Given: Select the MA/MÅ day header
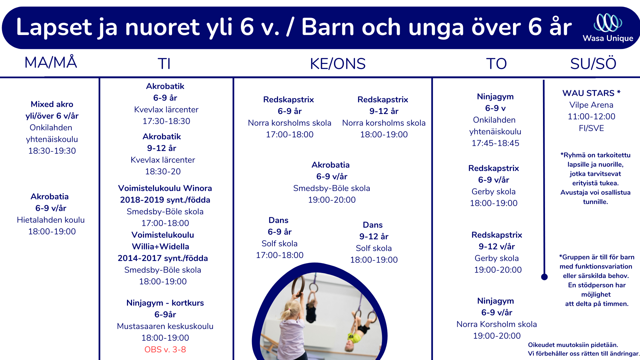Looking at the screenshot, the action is pyautogui.click(x=51, y=62).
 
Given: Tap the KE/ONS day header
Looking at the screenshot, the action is pyautogui.click(x=338, y=64).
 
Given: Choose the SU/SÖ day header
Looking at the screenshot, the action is pyautogui.click(x=593, y=63).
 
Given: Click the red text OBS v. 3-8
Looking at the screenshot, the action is pyautogui.click(x=165, y=349).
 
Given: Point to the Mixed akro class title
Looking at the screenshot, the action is pyautogui.click(x=52, y=104).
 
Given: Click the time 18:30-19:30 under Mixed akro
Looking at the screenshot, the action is pyautogui.click(x=52, y=151).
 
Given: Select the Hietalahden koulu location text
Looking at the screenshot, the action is pyautogui.click(x=51, y=220).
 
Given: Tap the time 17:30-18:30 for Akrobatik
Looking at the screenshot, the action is pyautogui.click(x=166, y=121).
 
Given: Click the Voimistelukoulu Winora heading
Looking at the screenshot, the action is pyautogui.click(x=165, y=188).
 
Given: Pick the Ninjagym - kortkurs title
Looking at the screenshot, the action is pyautogui.click(x=165, y=303).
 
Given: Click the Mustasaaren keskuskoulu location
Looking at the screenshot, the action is pyautogui.click(x=165, y=326).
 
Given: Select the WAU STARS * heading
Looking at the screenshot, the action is pyautogui.click(x=591, y=93).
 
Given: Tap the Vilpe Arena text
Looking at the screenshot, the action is pyautogui.click(x=591, y=105).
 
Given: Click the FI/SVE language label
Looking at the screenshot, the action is pyautogui.click(x=591, y=128).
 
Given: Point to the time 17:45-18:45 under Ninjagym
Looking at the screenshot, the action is pyautogui.click(x=495, y=143).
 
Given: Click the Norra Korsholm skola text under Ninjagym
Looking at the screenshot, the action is pyautogui.click(x=497, y=324).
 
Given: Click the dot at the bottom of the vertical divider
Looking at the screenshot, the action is pyautogui.click(x=544, y=277).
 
